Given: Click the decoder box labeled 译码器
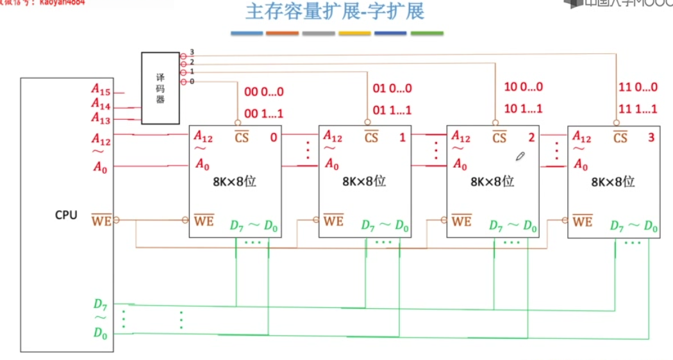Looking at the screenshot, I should pos(160,88).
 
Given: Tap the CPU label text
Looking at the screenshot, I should pos(66,215).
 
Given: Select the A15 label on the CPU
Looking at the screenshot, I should pos(101,92).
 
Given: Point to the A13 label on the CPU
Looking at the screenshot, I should pos(101,118).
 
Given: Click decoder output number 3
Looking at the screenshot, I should pos(192,52).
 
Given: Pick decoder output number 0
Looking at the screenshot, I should pos(192,81).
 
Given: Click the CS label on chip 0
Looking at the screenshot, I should pos(241,137).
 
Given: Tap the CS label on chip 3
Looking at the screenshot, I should pos(620,137).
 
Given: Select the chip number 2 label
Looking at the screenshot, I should pos(531,137).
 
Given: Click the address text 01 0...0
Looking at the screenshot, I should pos(392,88).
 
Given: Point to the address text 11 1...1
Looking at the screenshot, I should pos(638,108).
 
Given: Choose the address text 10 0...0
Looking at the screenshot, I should pos(523,88).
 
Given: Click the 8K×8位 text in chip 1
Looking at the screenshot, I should pos(363,181).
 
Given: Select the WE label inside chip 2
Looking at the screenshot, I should pos(461,221).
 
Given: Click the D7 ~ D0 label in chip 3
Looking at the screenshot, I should pos(634,225).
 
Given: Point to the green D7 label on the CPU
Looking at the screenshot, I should pos(101,304).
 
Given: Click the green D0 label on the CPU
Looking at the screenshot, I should pos(101,333).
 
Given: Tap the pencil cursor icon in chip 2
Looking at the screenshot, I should pos(521,156).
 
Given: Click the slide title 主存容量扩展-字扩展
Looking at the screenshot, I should pos(335,12).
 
